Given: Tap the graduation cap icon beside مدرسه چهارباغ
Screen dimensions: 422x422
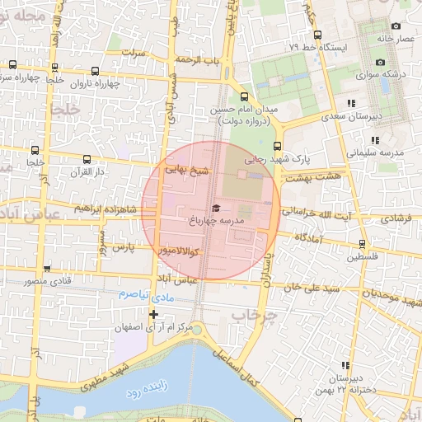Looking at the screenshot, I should tap(216, 209).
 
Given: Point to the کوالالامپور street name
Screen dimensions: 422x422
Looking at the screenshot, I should tap(168, 248).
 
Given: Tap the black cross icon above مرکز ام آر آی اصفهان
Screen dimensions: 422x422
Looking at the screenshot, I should tap(153, 314).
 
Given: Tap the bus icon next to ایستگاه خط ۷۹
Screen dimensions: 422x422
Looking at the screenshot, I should tap(317, 35).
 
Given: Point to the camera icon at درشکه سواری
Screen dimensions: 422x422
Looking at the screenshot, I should tap(380, 63).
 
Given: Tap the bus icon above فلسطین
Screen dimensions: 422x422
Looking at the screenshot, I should tap(363, 243).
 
